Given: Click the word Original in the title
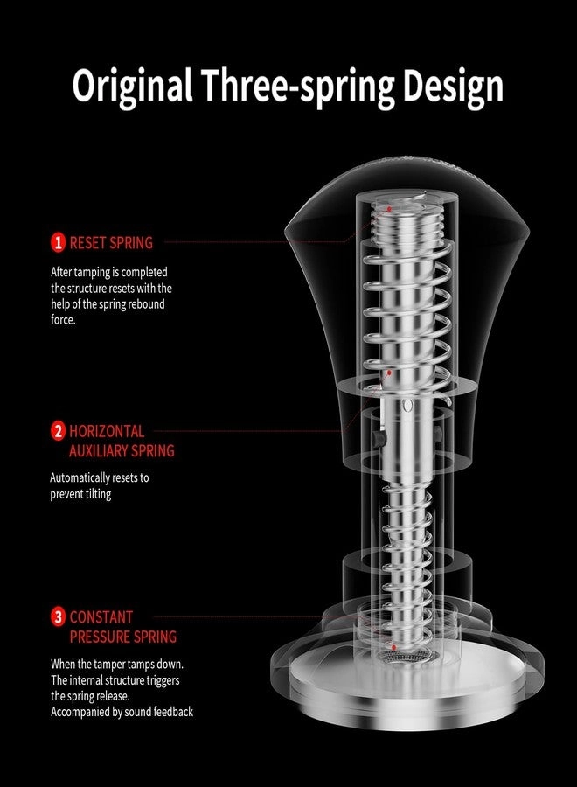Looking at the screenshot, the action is pos(133,87).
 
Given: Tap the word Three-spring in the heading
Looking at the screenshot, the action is pos(298,87).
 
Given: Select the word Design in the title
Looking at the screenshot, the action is pos(453,87).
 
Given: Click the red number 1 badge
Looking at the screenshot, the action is pos(59,242).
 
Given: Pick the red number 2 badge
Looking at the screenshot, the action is pos(59,431).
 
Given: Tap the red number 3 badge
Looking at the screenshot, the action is pos(59,616).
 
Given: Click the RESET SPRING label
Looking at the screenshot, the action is pos(111,243).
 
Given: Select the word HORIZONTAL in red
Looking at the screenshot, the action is pos(107,431).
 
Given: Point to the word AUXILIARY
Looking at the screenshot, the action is pos(94,450).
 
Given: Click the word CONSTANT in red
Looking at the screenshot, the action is pos(101,616).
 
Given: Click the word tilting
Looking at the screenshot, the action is pos(98,494).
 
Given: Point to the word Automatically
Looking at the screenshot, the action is pos(80,477).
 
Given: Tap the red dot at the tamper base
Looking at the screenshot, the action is pos(394,647).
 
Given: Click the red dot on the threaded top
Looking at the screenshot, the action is pos(389,208).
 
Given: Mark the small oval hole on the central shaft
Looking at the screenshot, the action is pos(408,406).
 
